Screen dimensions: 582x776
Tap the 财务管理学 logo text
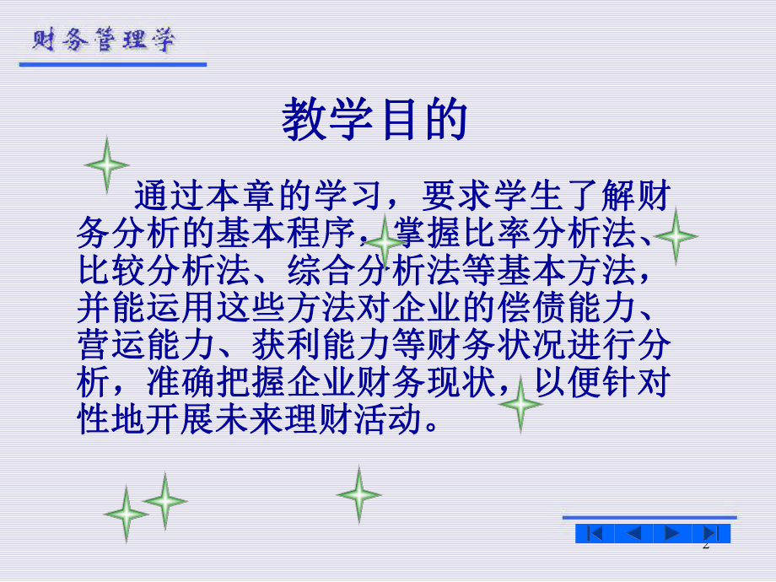105,40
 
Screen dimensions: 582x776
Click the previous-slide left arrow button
634,533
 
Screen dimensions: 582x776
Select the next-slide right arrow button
672,533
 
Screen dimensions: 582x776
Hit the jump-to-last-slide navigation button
711,533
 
